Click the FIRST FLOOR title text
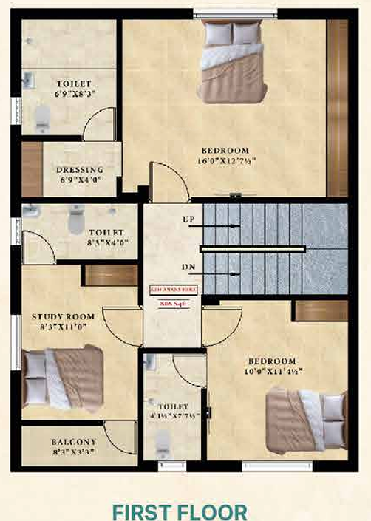[185, 511]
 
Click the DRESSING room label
[80, 169]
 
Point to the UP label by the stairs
[188, 219]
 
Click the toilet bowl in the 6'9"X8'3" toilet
[43, 115]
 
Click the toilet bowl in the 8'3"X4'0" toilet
[75, 219]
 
